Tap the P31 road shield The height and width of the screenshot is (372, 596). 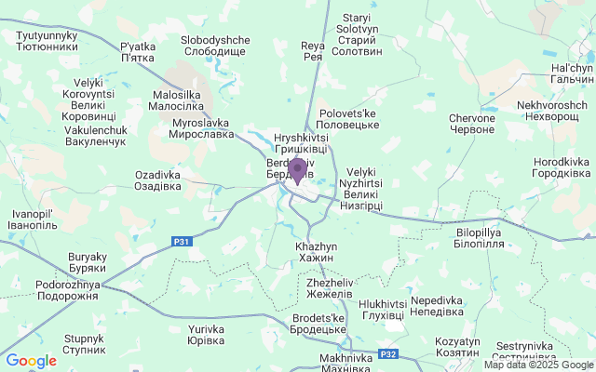pyautogui.click(x=182, y=242)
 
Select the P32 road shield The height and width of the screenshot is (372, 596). pyautogui.click(x=389, y=354)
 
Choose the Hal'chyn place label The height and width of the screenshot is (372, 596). pyautogui.click(x=572, y=75)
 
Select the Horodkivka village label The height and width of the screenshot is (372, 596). pyautogui.click(x=562, y=167)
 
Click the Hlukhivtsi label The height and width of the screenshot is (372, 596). pyautogui.click(x=382, y=310)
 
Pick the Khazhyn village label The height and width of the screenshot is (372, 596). pyautogui.click(x=315, y=251)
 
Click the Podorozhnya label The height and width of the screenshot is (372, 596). pyautogui.click(x=66, y=290)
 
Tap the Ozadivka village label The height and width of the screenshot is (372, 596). pyautogui.click(x=157, y=179)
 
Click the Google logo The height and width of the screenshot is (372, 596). pyautogui.click(x=31, y=361)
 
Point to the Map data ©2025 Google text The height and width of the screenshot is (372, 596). pyautogui.click(x=537, y=365)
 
